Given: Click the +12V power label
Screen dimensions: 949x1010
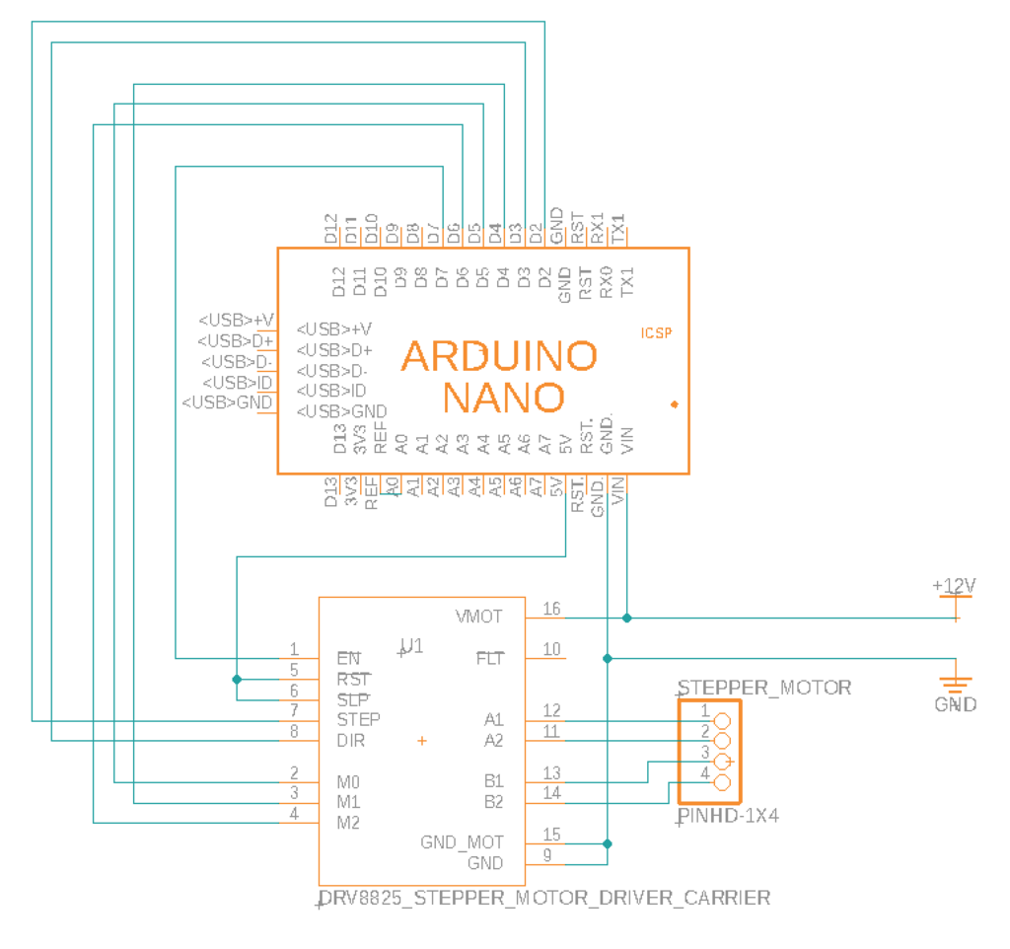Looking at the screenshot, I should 954,586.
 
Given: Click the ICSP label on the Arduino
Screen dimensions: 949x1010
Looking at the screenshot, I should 656,333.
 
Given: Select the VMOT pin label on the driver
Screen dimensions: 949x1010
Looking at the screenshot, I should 479,617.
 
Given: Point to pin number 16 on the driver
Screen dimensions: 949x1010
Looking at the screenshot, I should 551,609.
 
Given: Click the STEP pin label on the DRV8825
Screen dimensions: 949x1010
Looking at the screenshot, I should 358,719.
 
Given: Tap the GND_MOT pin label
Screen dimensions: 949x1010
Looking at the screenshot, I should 462,842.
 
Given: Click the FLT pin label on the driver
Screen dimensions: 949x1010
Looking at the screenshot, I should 489,657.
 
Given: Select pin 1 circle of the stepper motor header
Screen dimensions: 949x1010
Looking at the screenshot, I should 721,721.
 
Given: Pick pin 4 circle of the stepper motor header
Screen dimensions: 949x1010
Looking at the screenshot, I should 721,783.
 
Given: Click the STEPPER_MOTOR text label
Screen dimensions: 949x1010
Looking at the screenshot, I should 764,688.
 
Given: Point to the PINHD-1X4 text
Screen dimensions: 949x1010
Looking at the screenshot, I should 730,817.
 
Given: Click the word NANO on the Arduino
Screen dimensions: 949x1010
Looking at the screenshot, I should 503,398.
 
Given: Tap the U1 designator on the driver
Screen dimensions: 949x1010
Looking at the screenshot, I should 411,646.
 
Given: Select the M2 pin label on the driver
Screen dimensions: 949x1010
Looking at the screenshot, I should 348,823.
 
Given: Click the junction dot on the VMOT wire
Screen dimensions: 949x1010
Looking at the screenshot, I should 627,619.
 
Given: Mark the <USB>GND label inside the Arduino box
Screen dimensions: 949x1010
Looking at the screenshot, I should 341,411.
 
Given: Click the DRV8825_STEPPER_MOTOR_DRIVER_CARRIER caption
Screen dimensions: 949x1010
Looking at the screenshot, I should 545,898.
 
